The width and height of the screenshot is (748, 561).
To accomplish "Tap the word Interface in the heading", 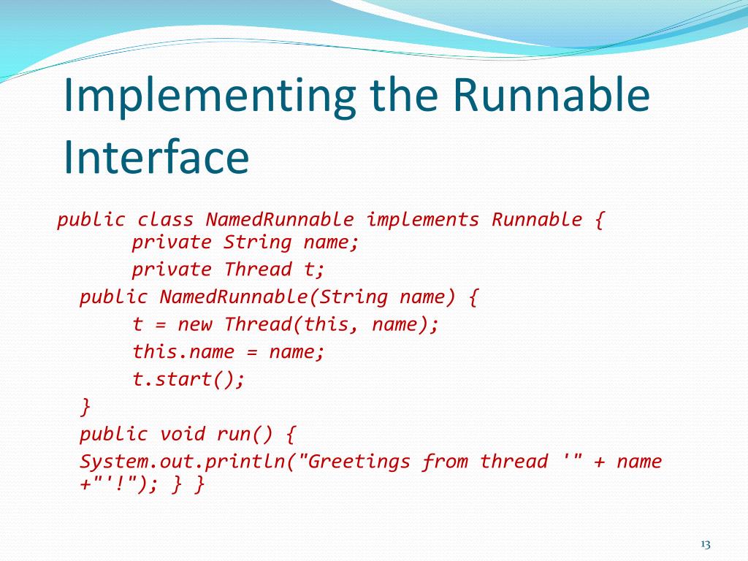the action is click(155, 156).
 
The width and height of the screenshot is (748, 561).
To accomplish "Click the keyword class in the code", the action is click(166, 219).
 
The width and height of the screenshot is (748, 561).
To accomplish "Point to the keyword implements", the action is click(423, 219).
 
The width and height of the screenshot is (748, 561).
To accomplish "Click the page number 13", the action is click(705, 544).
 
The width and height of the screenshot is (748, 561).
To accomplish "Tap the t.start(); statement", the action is click(188, 379).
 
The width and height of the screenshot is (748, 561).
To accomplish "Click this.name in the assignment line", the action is click(183, 352).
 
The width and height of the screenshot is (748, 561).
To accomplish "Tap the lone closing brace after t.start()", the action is click(86, 405).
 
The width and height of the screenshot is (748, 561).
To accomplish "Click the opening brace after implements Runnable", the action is click(599, 219).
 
